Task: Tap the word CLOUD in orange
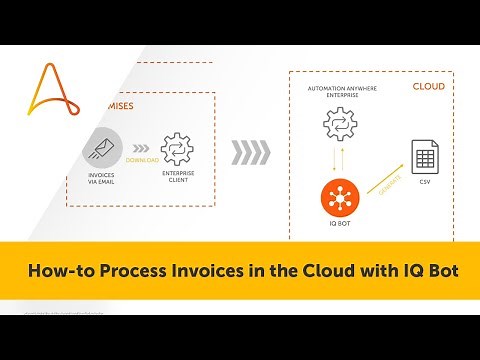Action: pos(429,87)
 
